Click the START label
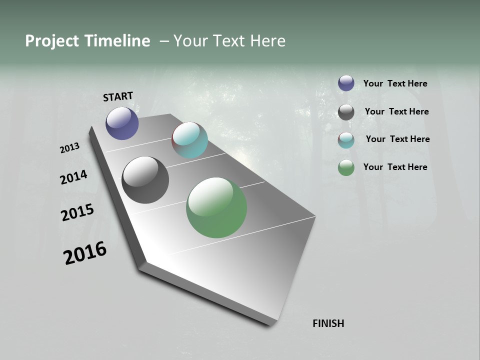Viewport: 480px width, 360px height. pyautogui.click(x=118, y=96)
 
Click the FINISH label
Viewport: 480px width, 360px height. pyautogui.click(x=328, y=323)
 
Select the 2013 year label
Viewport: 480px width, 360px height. pyautogui.click(x=69, y=148)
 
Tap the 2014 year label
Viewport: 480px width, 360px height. pyautogui.click(x=74, y=177)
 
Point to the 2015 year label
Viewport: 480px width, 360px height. pyautogui.click(x=77, y=212)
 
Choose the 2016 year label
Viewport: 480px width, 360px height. pyautogui.click(x=85, y=253)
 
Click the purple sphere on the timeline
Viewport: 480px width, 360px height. pyautogui.click(x=122, y=123)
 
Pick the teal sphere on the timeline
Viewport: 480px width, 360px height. pyautogui.click(x=189, y=140)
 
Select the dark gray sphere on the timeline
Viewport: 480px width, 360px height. pyautogui.click(x=145, y=180)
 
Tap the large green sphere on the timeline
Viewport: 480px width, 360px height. pyautogui.click(x=216, y=207)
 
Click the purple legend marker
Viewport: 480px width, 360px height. pyautogui.click(x=346, y=83)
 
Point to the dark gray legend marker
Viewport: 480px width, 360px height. pyautogui.click(x=346, y=112)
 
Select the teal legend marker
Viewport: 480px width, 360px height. pyautogui.click(x=346, y=140)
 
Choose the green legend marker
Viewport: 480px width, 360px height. pyautogui.click(x=346, y=167)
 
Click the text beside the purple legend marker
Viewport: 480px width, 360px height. pyautogui.click(x=395, y=83)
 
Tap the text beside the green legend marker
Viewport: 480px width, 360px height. pyautogui.click(x=395, y=167)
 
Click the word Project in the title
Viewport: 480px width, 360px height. pyautogui.click(x=51, y=41)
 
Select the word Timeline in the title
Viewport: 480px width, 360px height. pyautogui.click(x=118, y=41)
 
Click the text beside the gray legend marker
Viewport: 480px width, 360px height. pyautogui.click(x=396, y=111)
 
